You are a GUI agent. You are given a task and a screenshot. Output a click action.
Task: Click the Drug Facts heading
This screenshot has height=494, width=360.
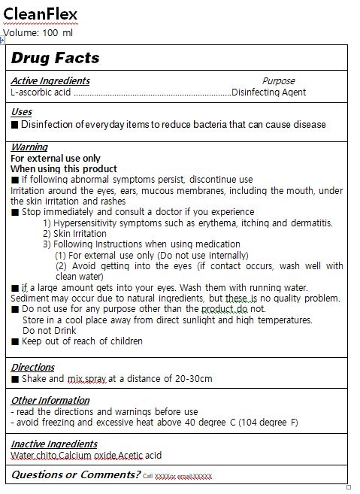tap(55, 58)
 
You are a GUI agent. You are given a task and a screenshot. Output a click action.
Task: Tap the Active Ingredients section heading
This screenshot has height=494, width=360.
tap(50, 80)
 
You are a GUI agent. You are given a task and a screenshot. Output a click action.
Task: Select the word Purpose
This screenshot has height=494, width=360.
tap(278, 80)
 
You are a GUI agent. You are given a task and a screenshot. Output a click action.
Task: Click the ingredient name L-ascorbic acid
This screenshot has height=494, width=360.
tap(41, 92)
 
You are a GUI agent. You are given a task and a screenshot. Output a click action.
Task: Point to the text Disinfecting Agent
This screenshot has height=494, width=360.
tap(268, 92)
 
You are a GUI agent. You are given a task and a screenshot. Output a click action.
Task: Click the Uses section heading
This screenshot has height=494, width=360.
tap(21, 112)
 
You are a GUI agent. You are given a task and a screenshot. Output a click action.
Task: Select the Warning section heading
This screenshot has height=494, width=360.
tap(29, 147)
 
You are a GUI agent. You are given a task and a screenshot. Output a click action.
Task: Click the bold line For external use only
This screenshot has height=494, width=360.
tap(56, 159)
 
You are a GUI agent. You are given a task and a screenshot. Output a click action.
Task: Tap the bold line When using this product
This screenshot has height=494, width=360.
tap(64, 169)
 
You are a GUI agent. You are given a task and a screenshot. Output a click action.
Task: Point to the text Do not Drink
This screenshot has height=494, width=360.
tap(49, 330)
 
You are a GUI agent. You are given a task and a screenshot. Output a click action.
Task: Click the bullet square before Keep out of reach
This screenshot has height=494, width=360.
tap(15, 341)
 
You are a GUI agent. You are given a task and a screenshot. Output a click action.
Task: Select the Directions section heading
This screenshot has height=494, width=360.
tap(32, 368)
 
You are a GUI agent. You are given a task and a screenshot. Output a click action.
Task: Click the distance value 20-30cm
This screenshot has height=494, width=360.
tap(194, 379)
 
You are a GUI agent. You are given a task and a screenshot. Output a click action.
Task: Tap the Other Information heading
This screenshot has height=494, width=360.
tap(50, 401)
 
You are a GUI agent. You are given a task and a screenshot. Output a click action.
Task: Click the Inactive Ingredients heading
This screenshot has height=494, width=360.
tap(54, 444)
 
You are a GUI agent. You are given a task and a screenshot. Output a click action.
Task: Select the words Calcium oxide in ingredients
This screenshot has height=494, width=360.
tap(89, 456)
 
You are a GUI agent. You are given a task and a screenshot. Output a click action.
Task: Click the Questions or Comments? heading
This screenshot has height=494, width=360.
tap(75, 474)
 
